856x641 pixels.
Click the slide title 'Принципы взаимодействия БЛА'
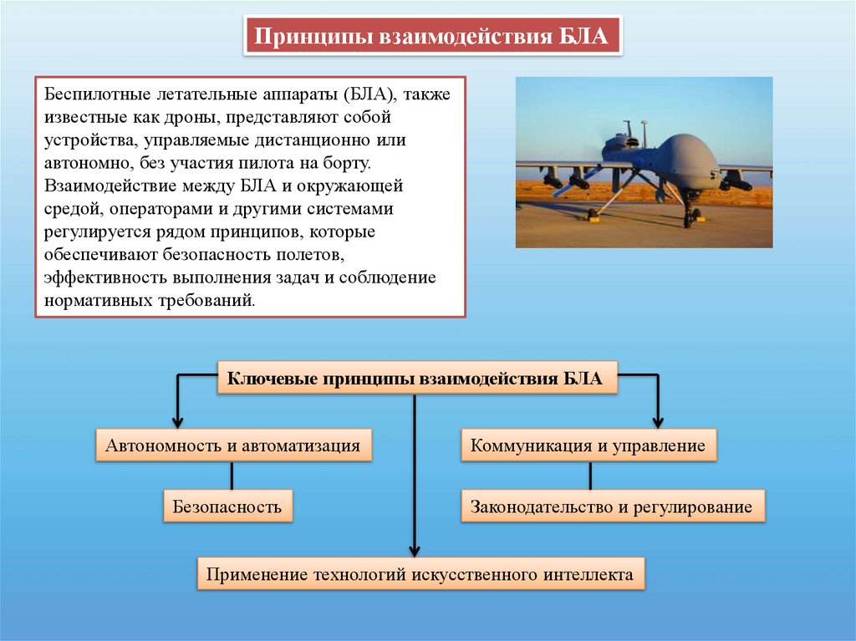432,37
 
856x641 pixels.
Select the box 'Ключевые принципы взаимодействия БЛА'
415,379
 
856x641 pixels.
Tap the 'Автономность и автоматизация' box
232,445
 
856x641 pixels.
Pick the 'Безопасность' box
227,506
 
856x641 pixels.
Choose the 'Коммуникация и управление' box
588,445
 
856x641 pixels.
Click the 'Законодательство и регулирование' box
612,506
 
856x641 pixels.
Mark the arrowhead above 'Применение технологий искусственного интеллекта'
415,549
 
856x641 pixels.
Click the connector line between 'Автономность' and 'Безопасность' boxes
232,476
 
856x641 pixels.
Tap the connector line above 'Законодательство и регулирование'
590,476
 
